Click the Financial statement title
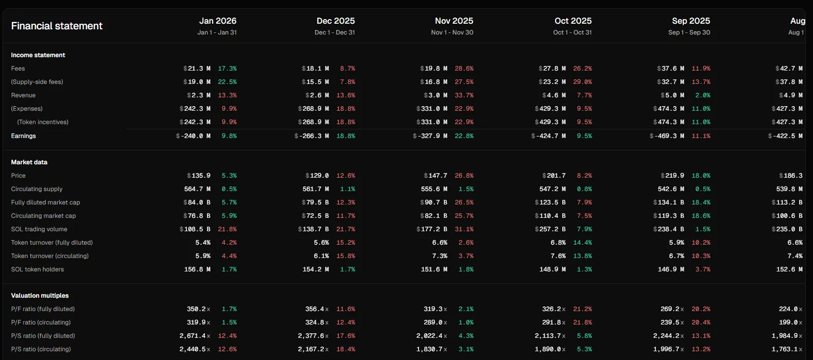(57, 26)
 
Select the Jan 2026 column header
(218, 21)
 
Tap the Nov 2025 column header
(454, 21)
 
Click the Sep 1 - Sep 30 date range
(689, 32)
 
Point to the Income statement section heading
(38, 55)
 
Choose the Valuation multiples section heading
(40, 296)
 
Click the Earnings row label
(23, 136)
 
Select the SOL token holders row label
(38, 269)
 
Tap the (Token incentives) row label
(43, 122)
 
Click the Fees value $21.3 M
(197, 68)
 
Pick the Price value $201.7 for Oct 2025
(554, 176)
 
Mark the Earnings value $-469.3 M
(667, 136)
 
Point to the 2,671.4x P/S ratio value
(195, 336)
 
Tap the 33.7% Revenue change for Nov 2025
(464, 95)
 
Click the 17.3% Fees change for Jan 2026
(227, 68)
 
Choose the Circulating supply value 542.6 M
(671, 189)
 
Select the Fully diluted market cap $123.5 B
(550, 202)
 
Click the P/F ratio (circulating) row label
(41, 322)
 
